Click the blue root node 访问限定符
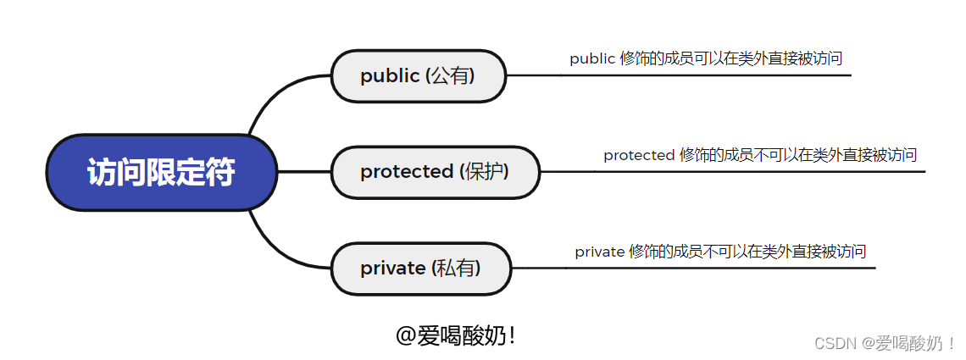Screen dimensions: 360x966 [161, 172]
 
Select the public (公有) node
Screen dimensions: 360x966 [418, 76]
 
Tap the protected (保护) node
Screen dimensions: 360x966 [435, 172]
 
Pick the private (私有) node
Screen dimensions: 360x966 [420, 269]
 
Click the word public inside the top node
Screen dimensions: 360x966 [390, 76]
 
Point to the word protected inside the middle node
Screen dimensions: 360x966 [407, 172]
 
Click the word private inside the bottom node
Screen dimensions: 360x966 [392, 269]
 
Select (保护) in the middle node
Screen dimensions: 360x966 [484, 172]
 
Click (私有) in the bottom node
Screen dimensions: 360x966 [456, 269]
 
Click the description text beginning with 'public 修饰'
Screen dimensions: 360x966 [705, 58]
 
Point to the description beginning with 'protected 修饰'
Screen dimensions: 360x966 [759, 155]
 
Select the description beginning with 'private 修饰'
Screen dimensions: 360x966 [720, 252]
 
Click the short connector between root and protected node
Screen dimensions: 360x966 [303, 172]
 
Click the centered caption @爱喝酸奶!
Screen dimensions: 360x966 [456, 336]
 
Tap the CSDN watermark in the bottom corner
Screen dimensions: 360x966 [884, 343]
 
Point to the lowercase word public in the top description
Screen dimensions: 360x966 [591, 59]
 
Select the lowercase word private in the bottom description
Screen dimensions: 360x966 [599, 252]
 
